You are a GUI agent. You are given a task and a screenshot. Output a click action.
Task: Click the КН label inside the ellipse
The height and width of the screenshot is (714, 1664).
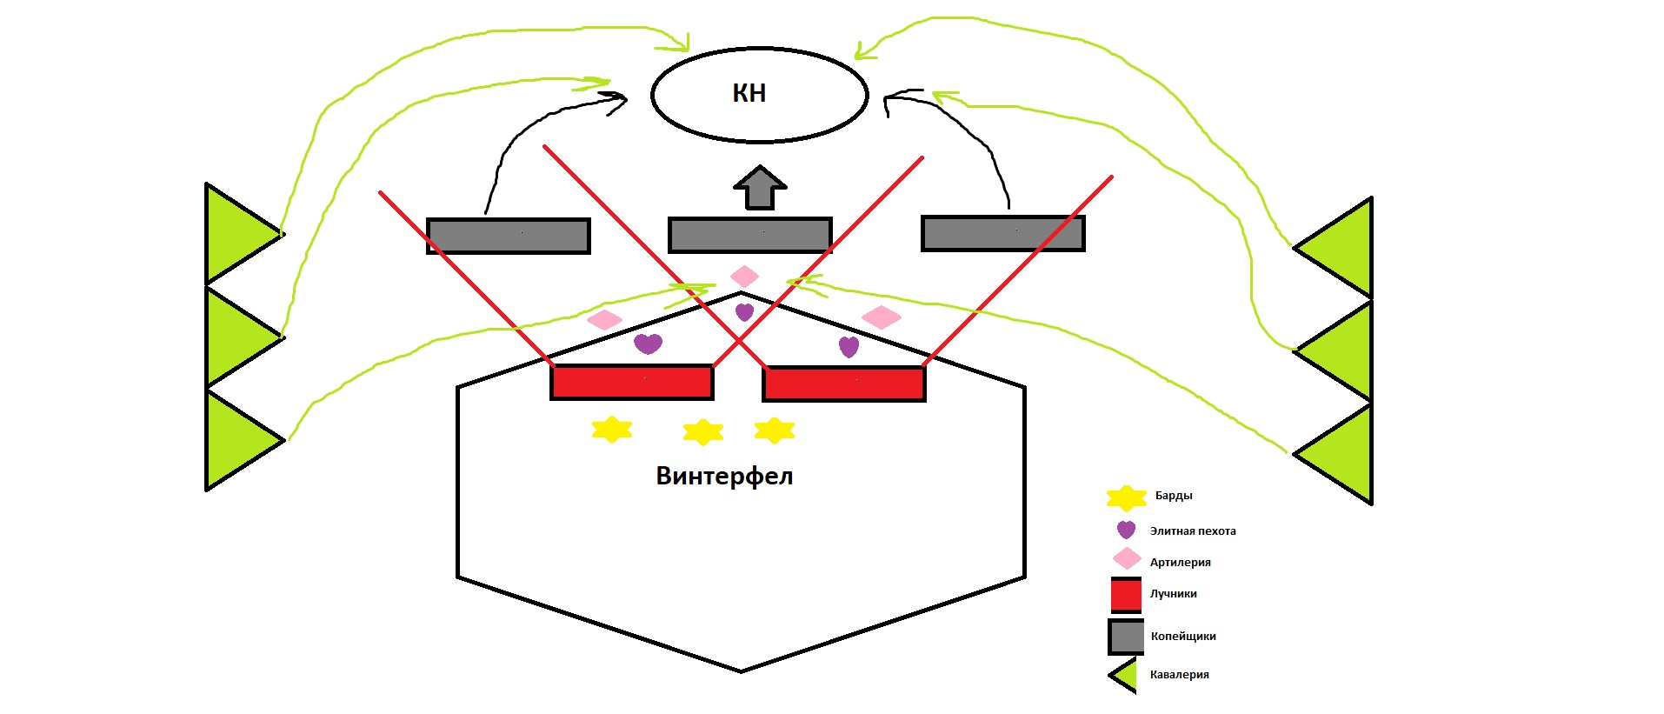click(x=749, y=93)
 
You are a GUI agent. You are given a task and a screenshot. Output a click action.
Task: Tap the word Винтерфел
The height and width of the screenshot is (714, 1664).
click(x=724, y=476)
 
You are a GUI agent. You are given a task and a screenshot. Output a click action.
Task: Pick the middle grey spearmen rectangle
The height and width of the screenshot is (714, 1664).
click(x=750, y=235)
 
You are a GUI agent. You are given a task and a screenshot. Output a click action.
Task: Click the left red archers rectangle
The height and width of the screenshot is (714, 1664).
click(x=632, y=382)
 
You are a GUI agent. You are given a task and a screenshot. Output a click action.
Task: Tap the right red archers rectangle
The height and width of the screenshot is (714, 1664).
click(x=843, y=384)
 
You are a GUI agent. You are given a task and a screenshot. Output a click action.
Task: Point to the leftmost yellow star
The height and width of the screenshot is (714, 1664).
click(x=611, y=429)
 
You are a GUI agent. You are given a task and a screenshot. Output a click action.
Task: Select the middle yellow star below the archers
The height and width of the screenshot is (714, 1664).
click(x=703, y=431)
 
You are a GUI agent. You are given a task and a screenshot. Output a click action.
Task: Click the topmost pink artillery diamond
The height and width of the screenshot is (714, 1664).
click(x=744, y=277)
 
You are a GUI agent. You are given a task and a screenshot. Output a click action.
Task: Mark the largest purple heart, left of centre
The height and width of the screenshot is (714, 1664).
click(x=648, y=343)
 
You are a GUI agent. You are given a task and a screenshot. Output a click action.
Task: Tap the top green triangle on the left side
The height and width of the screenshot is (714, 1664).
click(x=239, y=233)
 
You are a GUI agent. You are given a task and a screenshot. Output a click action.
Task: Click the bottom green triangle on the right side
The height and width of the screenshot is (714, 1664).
click(x=1340, y=453)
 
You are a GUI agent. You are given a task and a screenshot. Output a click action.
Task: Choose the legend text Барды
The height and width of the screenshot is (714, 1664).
click(x=1174, y=496)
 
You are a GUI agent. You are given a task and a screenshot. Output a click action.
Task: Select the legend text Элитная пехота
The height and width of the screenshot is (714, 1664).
click(x=1193, y=531)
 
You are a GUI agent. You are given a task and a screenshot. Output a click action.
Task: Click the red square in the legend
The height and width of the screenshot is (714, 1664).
click(x=1126, y=595)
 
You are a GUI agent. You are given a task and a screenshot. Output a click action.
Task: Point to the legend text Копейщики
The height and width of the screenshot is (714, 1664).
click(x=1183, y=637)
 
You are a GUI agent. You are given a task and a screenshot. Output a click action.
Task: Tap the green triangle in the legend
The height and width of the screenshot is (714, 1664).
click(x=1125, y=675)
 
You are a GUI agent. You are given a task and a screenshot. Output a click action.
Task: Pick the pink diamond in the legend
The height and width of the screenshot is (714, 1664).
click(x=1127, y=558)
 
